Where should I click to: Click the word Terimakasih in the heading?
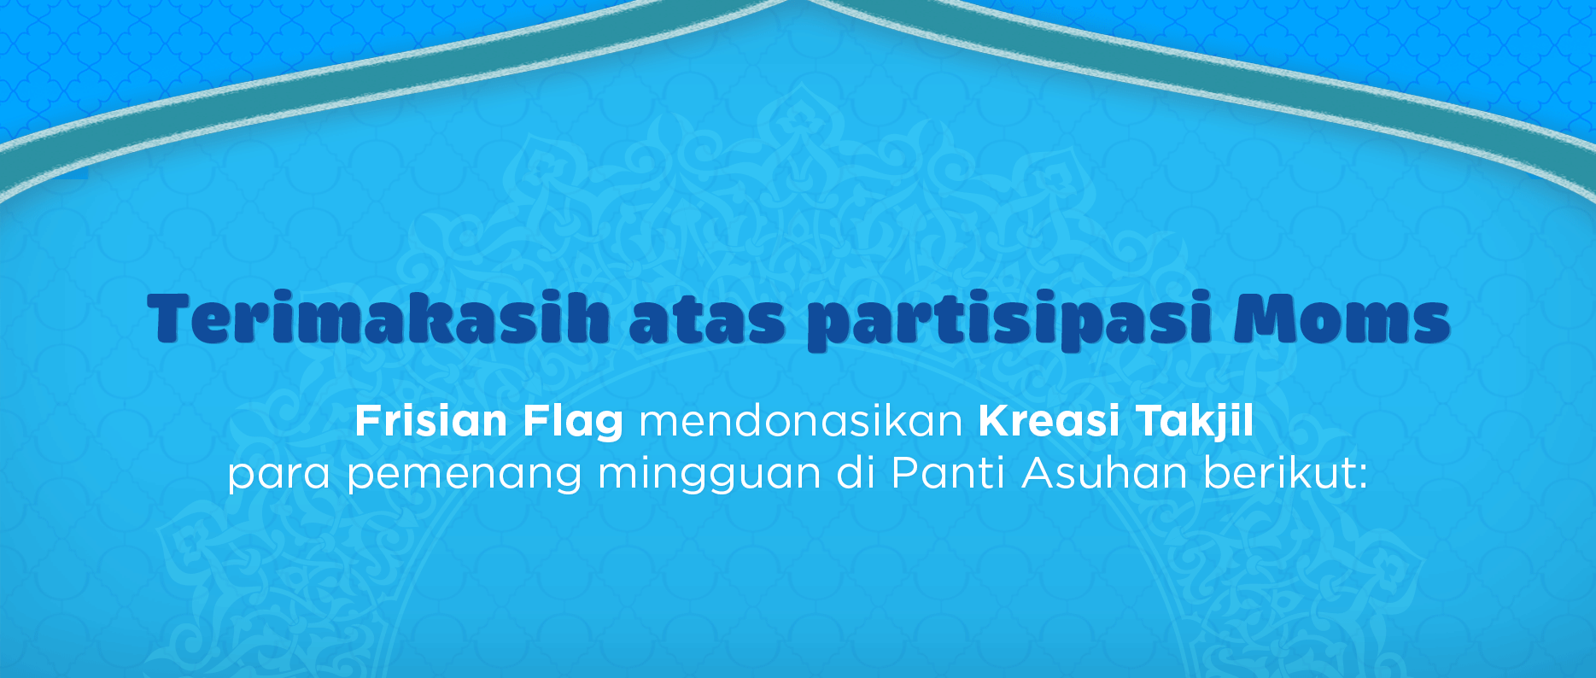click(378, 319)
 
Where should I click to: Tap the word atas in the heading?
click(707, 321)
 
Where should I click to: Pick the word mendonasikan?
click(801, 421)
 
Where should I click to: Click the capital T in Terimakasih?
click(174, 319)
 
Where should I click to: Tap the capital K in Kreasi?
click(994, 420)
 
